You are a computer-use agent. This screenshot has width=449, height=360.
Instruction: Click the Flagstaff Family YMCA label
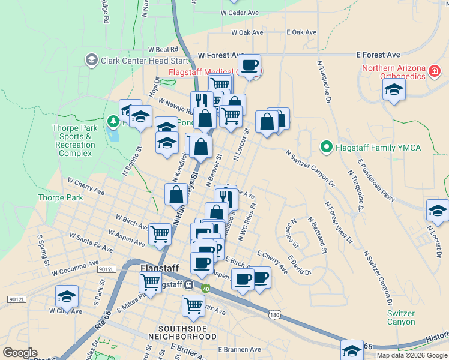(x=378, y=147)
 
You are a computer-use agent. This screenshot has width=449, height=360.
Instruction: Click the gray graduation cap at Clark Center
(x=91, y=59)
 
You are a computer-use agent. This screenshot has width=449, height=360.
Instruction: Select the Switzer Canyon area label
(x=400, y=317)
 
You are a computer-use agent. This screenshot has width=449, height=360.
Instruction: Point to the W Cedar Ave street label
(x=240, y=13)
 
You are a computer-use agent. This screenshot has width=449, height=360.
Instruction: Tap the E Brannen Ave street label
(x=240, y=349)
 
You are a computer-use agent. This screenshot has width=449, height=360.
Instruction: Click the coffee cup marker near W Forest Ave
(x=249, y=65)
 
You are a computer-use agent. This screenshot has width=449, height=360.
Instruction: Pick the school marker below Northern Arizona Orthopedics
(x=394, y=91)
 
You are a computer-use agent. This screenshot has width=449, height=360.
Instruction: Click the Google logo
(x=20, y=353)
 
